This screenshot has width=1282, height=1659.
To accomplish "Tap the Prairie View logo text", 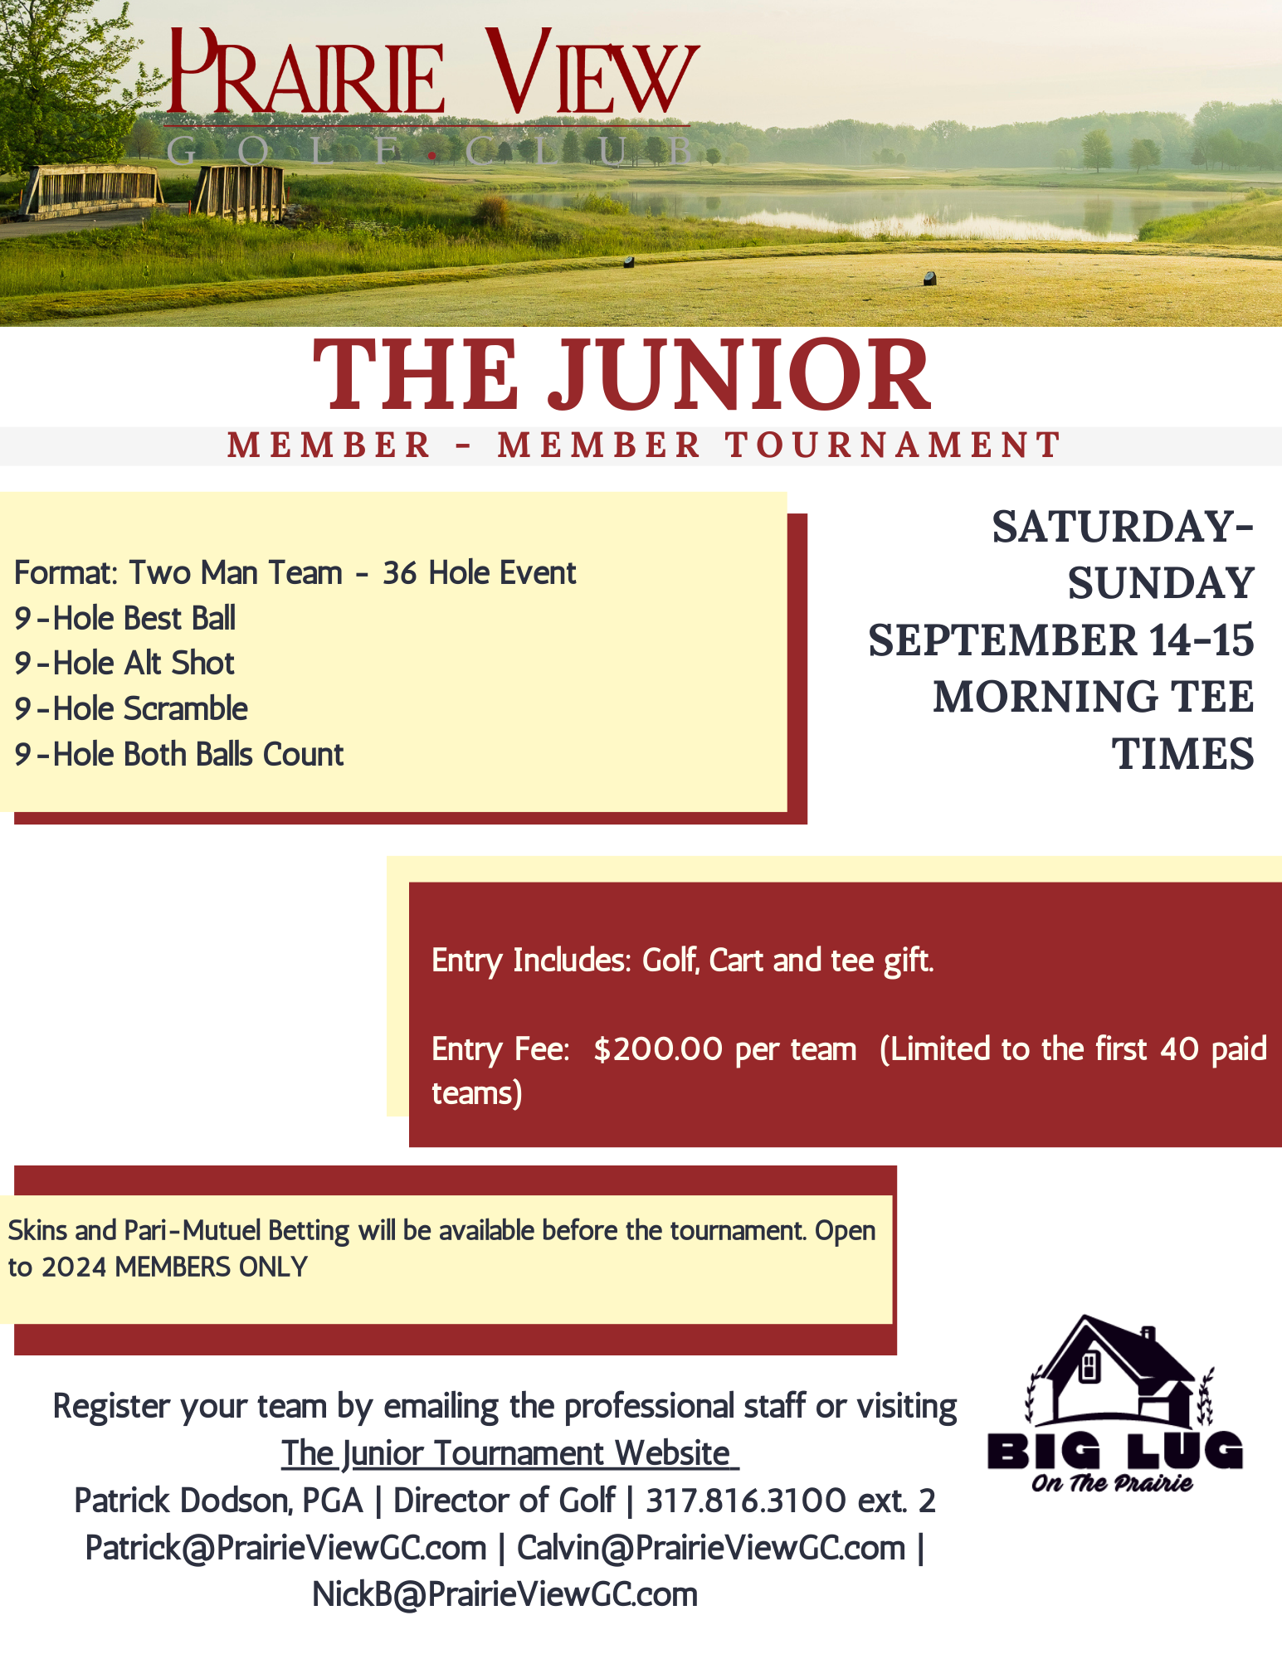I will (431, 75).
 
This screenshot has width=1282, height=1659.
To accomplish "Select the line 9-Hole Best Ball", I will (125, 618).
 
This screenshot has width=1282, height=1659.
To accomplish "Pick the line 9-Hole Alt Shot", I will (124, 664).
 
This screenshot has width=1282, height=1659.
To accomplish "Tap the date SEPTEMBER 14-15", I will (1060, 640).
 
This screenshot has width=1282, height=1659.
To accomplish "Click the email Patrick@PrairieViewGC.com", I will (286, 1548).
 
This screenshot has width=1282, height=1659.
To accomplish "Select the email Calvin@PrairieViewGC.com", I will (711, 1548).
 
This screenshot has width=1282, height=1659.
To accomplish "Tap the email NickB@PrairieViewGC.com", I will (505, 1594).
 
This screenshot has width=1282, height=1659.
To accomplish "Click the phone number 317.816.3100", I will (745, 1501).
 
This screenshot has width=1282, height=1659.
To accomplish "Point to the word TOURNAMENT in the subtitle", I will (893, 445).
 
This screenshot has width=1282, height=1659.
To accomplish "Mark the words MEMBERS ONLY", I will (211, 1267).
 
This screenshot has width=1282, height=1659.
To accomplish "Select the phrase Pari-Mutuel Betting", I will (236, 1230).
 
